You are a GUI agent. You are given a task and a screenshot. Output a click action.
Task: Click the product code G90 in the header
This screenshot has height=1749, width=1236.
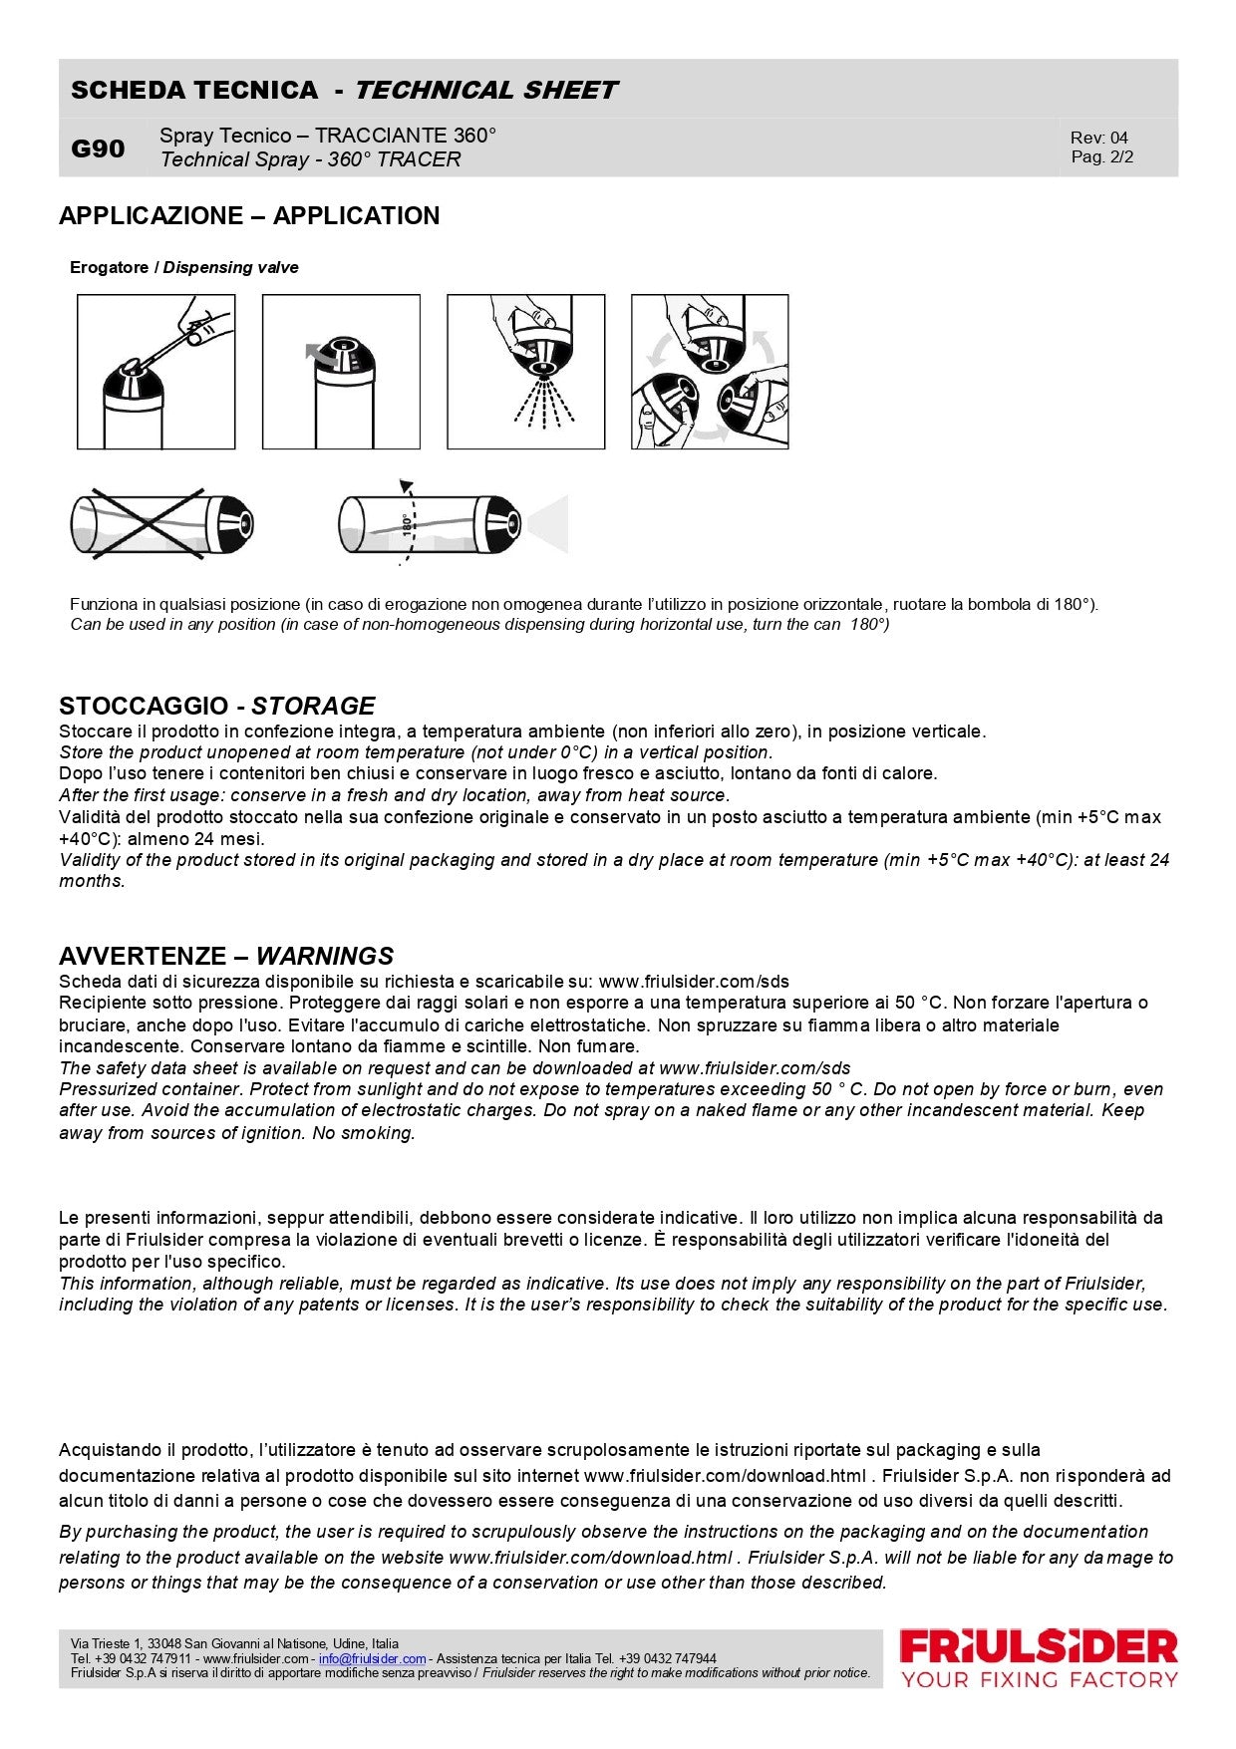point(98,148)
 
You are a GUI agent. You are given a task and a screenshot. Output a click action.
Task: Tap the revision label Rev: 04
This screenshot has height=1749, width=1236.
point(1098,138)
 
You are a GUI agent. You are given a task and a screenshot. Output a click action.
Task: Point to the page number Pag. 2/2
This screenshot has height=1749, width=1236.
point(1101,156)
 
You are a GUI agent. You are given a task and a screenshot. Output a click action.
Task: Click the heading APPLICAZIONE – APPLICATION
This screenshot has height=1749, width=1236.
point(249,215)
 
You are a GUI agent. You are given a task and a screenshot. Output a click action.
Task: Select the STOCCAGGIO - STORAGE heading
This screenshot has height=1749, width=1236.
point(216,706)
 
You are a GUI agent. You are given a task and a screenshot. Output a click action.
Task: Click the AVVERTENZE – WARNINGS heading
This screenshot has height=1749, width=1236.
point(225,956)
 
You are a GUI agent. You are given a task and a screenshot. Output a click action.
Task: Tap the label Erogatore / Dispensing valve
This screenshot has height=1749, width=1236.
point(183,267)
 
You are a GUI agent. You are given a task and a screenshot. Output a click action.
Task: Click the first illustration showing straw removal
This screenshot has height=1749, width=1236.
point(156,372)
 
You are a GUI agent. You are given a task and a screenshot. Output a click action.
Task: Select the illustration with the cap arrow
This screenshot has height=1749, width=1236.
point(341,372)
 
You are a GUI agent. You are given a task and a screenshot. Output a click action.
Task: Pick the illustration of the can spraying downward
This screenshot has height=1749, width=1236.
point(525,372)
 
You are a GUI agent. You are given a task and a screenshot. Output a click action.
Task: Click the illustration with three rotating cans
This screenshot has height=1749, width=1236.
point(710,372)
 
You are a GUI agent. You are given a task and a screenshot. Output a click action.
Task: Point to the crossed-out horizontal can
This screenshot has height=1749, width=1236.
point(161,523)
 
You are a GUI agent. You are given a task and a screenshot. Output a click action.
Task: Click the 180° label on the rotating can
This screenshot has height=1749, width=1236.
point(407,524)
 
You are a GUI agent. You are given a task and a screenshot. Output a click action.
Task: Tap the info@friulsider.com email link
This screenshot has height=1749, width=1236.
point(372,1658)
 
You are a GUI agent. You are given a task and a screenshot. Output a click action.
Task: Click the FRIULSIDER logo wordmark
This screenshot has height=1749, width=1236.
point(1039,1646)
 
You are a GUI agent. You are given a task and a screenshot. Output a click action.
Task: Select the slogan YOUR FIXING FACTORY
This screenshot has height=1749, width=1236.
point(1039,1680)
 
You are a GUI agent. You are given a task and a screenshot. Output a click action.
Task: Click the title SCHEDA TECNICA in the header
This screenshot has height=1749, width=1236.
point(194,90)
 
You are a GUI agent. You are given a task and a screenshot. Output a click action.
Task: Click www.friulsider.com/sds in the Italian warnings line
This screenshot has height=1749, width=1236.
point(694,982)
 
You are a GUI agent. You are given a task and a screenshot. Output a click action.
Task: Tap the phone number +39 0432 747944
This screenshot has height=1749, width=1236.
point(667,1658)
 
